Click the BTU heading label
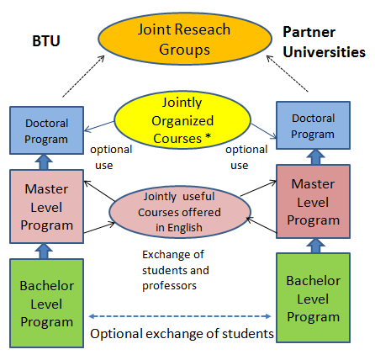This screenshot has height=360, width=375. click(46, 41)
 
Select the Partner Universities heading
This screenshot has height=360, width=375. click(324, 42)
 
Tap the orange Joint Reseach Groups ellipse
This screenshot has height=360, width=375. click(185, 39)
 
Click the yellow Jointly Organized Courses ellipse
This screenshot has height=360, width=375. click(182, 120)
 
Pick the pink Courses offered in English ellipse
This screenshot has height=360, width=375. click(180, 212)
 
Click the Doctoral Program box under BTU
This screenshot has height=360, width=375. click(47, 130)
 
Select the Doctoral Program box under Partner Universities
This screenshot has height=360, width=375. click(313, 125)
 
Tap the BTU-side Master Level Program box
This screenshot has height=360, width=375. click(47, 207)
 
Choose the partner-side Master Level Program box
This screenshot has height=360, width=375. click(313, 202)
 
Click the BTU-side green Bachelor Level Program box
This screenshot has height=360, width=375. click(47, 304)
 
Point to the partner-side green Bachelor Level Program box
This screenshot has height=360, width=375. click(313, 298)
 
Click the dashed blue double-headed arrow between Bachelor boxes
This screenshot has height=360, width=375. click(180, 316)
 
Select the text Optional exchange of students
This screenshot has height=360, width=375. click(182, 334)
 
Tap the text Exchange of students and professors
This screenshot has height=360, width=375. click(176, 270)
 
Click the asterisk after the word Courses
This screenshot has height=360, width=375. click(208, 137)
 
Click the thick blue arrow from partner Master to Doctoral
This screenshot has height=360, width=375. click(316, 157)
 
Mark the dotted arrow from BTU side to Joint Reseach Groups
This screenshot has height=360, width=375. click(83, 77)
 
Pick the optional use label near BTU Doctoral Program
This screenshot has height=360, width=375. click(111, 157)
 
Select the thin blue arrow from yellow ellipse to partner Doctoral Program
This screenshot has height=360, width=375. click(263, 131)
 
